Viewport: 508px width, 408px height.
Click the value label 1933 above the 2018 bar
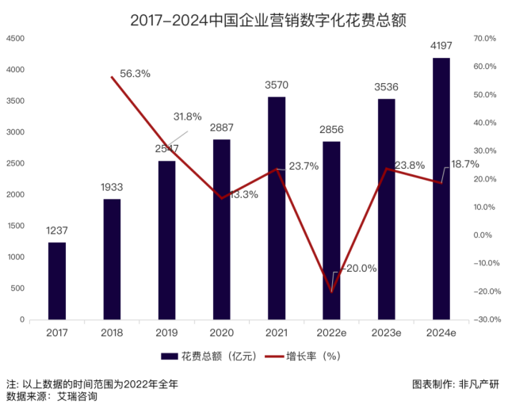tap(112, 188)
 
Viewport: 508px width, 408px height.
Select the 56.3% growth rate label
tap(136, 74)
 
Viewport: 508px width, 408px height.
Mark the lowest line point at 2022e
tap(331, 291)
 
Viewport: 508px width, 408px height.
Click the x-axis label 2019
tap(166, 333)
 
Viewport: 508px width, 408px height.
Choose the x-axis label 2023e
tap(386, 333)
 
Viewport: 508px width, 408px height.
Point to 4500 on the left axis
tap(15, 38)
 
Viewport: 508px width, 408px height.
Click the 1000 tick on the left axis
tap(15, 257)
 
